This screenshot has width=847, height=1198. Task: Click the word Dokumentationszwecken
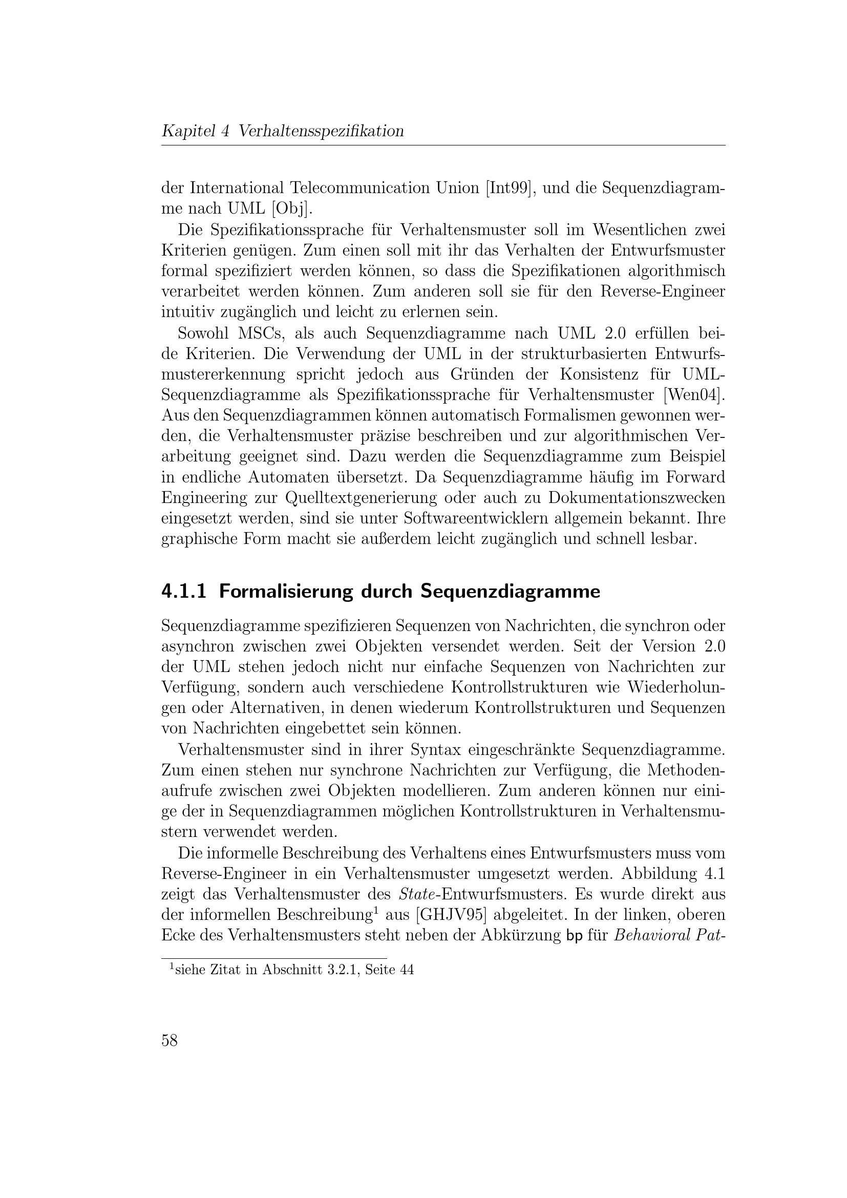(x=637, y=498)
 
